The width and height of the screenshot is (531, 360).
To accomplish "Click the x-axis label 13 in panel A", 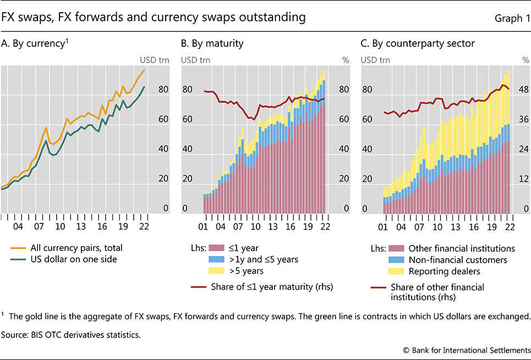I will [x=80, y=226].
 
